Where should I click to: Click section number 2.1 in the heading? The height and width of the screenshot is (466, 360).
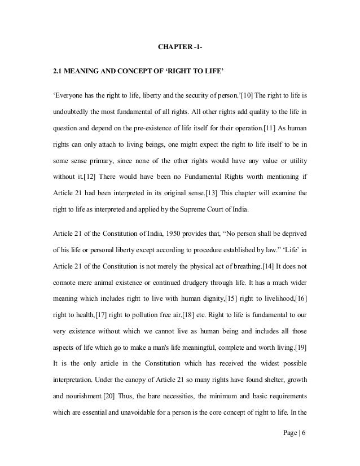(58, 72)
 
